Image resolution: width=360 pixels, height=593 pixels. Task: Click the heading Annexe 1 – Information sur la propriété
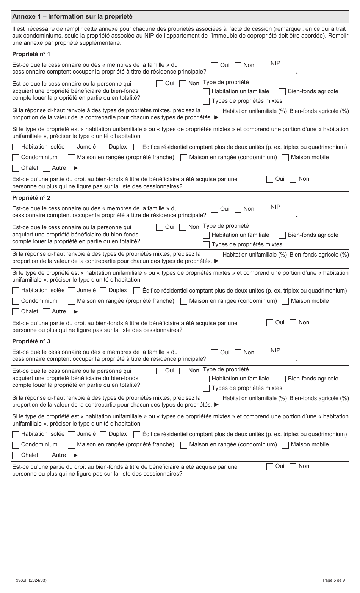point(72,17)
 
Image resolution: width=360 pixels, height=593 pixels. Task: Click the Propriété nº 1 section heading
point(31,54)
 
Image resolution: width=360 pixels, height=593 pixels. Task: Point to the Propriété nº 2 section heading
point(31,198)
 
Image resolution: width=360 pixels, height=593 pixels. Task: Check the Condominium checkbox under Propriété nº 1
point(16,158)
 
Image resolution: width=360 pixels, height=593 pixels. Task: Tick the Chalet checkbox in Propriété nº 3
point(16,455)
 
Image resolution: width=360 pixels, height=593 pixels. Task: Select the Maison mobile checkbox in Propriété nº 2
point(285,301)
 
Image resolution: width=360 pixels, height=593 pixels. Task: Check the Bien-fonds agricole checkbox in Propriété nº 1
point(282,92)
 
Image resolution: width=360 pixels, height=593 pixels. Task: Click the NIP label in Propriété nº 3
point(275,350)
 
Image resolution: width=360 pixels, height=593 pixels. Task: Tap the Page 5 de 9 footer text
point(333,580)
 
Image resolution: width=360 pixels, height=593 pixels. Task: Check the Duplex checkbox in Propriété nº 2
point(103,291)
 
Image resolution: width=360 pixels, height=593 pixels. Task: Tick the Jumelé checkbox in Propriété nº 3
point(71,435)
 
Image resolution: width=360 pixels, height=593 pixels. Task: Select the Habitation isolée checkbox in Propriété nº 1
point(16,147)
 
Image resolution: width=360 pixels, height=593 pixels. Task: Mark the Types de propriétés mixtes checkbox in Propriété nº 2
point(206,245)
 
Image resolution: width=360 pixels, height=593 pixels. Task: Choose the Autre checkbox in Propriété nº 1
point(47,168)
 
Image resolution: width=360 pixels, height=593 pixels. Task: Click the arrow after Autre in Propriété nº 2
point(75,312)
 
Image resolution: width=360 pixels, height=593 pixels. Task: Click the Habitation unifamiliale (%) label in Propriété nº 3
point(255,398)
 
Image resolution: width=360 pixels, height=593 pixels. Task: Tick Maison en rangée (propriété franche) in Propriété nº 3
point(71,445)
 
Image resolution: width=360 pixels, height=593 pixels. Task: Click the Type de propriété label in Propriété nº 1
point(226,82)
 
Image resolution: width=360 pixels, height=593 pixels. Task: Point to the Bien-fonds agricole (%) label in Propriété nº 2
point(319,255)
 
